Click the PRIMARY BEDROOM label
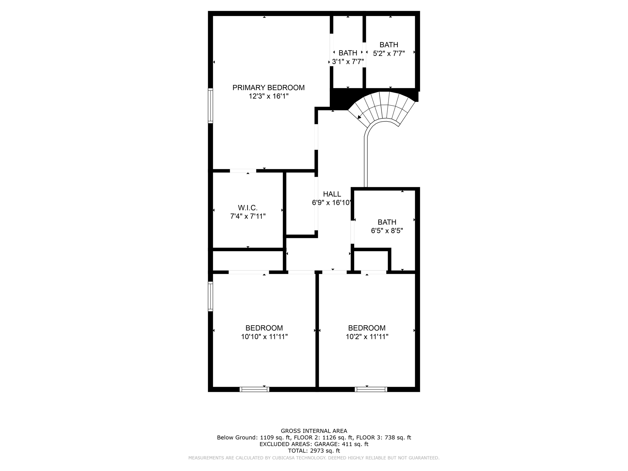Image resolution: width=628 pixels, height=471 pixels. point(268,88)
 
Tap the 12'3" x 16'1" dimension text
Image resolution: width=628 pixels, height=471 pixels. point(268,96)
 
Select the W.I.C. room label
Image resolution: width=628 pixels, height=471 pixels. point(247,208)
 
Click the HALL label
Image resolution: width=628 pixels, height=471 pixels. point(332,194)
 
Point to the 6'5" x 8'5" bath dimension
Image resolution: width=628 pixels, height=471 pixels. point(387,231)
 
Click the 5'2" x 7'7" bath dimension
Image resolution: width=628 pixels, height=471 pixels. point(389,53)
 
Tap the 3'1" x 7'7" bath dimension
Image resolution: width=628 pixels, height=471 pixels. point(348,62)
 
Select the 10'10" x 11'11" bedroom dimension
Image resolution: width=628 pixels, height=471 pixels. point(264,337)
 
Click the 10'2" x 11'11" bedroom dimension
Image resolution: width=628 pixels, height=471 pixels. point(367,337)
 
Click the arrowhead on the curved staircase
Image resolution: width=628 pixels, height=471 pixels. point(359,117)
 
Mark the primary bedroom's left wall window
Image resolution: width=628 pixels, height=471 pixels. point(210,106)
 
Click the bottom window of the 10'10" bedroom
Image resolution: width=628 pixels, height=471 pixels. point(254,389)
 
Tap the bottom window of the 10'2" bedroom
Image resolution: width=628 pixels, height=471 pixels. point(371,389)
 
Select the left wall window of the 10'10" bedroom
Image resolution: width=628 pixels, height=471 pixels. point(210,297)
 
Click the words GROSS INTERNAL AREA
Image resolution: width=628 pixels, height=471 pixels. point(314,431)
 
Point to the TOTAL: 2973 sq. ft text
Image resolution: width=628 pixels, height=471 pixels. point(314,451)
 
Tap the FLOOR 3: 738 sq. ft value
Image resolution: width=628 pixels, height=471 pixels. point(383,438)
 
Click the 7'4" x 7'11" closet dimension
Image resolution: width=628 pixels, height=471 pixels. point(247,216)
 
